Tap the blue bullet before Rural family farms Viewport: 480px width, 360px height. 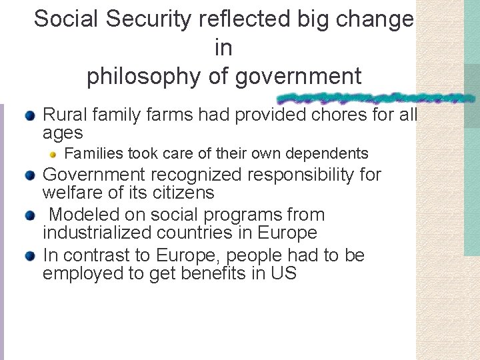pos(30,115)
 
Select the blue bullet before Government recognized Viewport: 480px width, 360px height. pos(30,175)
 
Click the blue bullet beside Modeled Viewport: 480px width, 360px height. pos(30,215)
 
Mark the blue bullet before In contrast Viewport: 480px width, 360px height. pos(30,255)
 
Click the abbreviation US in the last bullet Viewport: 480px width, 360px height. pos(284,273)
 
